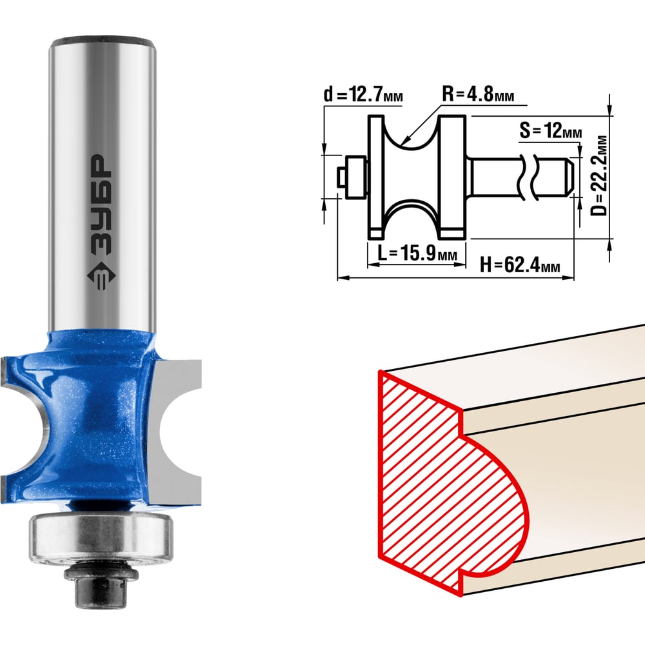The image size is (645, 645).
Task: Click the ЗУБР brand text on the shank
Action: (x=101, y=204)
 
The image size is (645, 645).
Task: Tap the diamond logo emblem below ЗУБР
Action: (x=101, y=275)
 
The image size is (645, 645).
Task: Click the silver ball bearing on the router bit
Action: (x=101, y=538)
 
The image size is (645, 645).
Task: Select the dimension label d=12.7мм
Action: (x=363, y=95)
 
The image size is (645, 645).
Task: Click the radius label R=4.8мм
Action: (x=477, y=94)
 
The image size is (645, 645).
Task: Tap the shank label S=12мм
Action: (x=550, y=130)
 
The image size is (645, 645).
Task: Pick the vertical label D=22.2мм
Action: (x=599, y=175)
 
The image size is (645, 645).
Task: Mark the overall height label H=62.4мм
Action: (x=520, y=264)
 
